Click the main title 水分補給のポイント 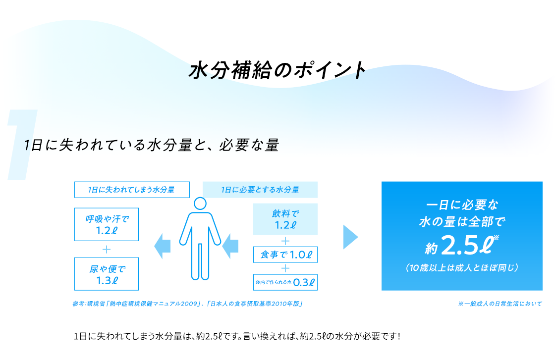(x=277, y=70)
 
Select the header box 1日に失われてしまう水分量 (x=131, y=190)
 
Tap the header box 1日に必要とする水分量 (x=260, y=190)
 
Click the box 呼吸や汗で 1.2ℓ (x=107, y=224)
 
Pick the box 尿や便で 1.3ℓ (x=107, y=274)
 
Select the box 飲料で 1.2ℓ (x=285, y=219)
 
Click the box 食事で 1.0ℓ (x=285, y=255)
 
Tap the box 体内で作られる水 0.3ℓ (x=285, y=282)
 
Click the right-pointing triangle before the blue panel (x=350, y=236)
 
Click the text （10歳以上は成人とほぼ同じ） (x=461, y=268)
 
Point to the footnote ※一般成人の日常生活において (x=500, y=304)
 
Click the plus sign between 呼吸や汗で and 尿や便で (x=107, y=249)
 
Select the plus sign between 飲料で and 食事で (x=285, y=241)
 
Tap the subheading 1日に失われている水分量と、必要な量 (x=152, y=146)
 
